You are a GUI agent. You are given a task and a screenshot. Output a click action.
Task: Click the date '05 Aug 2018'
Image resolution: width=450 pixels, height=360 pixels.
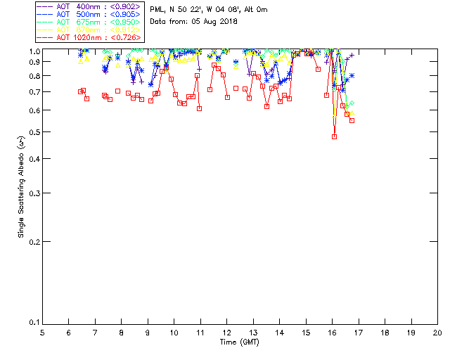point(215,22)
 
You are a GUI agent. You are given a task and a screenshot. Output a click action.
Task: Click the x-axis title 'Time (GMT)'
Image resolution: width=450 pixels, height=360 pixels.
point(240,342)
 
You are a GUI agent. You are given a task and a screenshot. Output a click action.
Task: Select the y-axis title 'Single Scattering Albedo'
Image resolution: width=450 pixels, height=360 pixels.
point(22,186)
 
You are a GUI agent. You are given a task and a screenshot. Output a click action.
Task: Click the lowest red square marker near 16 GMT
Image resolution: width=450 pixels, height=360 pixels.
point(334,136)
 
